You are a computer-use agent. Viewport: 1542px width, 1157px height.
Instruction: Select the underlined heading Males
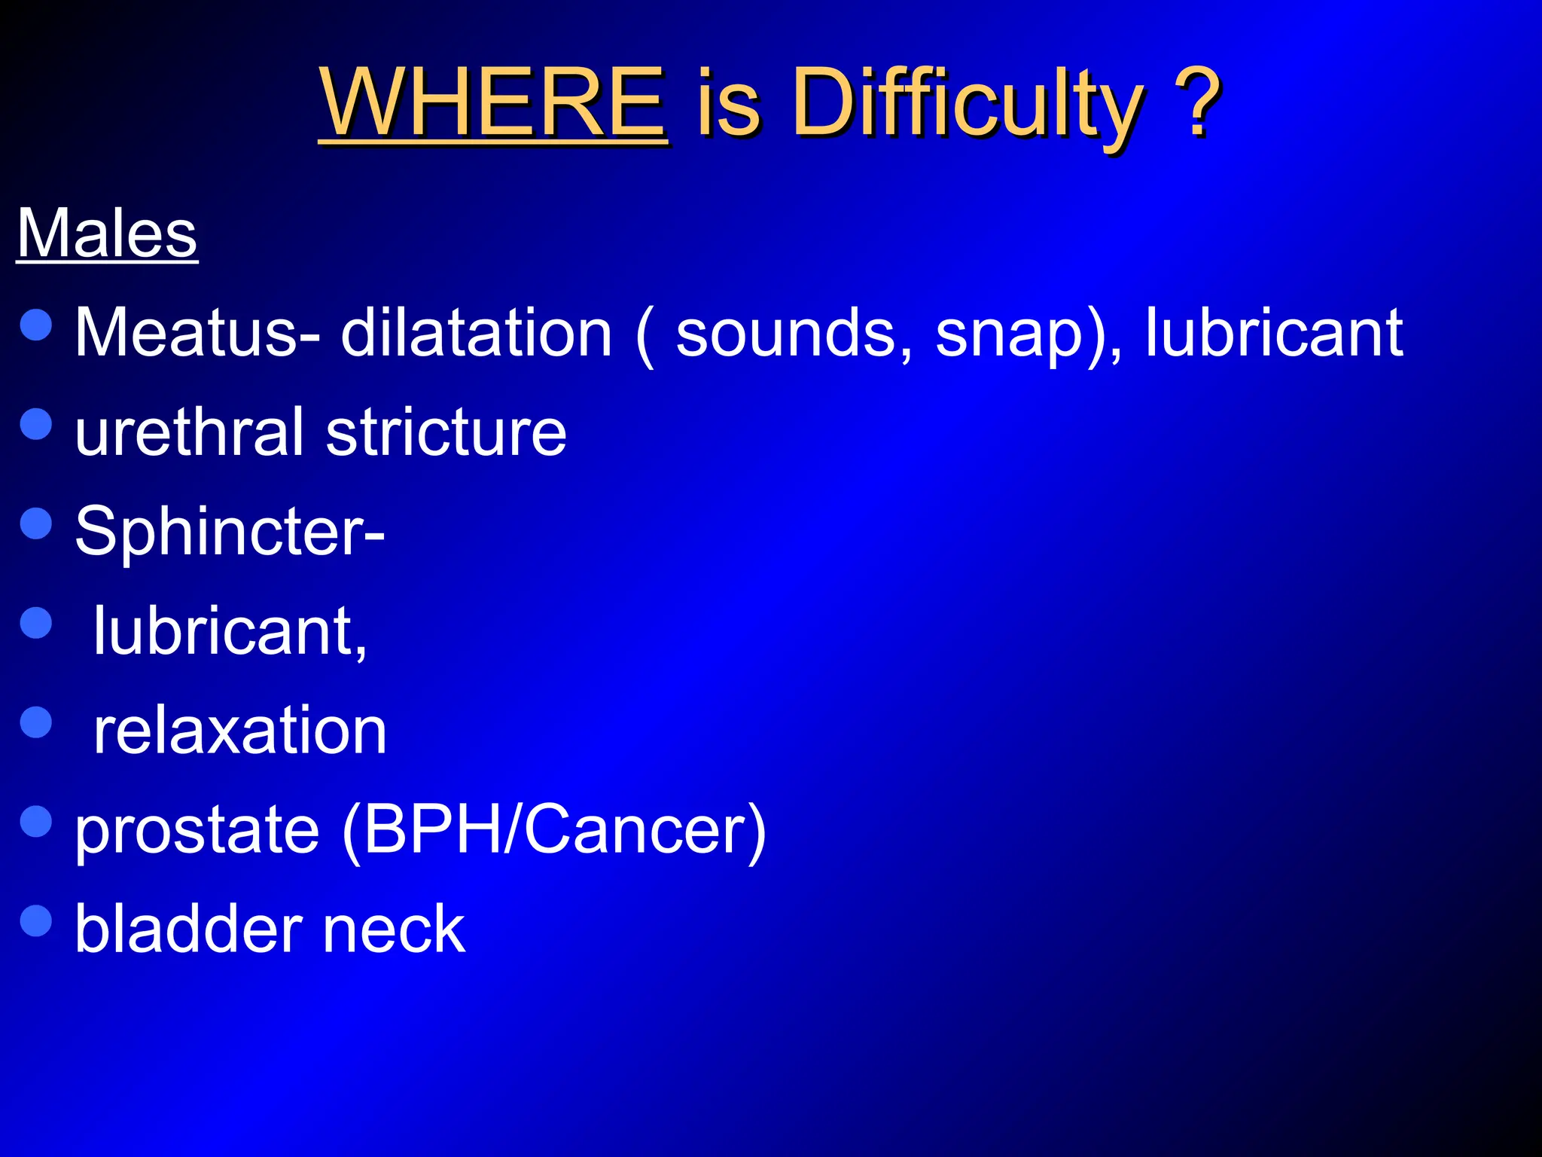(x=107, y=234)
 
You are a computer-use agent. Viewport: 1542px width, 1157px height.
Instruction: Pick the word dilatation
(x=477, y=333)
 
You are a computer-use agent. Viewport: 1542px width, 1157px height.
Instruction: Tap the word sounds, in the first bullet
(x=794, y=333)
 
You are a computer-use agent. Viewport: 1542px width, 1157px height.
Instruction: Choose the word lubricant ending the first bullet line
(x=1274, y=333)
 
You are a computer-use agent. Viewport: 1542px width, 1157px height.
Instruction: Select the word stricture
(x=446, y=432)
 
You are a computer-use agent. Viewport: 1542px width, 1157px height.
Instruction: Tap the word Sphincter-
(x=230, y=532)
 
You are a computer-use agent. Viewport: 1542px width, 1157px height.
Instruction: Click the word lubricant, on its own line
(x=230, y=631)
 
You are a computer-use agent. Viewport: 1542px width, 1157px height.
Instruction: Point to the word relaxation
(x=239, y=731)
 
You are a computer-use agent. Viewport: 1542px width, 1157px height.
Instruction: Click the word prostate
(x=197, y=832)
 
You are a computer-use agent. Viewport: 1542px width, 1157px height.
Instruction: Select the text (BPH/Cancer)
(x=554, y=830)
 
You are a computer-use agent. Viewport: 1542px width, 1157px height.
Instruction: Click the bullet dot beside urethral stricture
(x=36, y=423)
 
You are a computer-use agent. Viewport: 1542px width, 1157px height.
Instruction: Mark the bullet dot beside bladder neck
(x=36, y=920)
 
